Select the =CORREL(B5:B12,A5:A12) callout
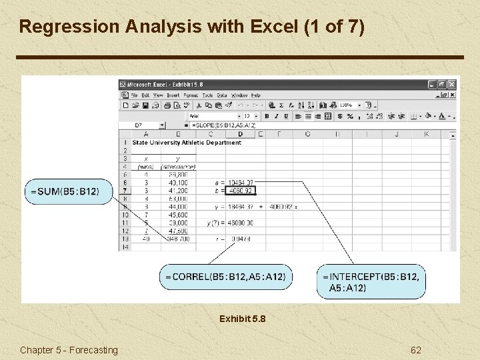coord(225,277)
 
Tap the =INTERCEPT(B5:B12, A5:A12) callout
coord(371,282)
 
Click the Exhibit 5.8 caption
coord(242,319)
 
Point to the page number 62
coord(416,350)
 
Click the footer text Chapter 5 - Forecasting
coord(69,350)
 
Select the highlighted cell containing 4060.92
coord(240,191)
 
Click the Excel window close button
coord(452,85)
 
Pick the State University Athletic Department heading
coord(187,143)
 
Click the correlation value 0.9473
coord(241,239)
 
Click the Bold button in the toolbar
coord(267,116)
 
